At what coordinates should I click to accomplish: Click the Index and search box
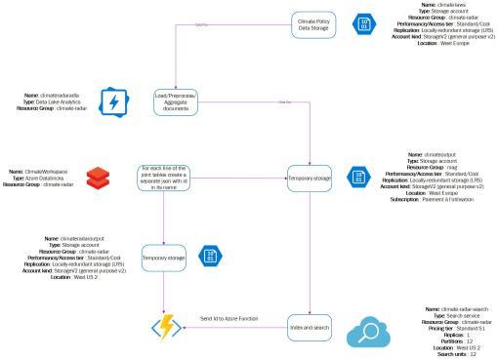point(312,329)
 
